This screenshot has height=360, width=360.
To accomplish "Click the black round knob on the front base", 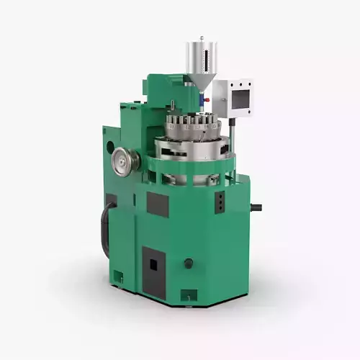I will click(189, 264).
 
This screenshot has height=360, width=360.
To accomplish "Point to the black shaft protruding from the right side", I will click(256, 208).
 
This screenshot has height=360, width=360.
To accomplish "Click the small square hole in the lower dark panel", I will click(153, 265).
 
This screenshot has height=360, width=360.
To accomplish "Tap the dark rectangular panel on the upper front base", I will click(158, 205).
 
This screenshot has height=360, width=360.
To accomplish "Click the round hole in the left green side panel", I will click(110, 146).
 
